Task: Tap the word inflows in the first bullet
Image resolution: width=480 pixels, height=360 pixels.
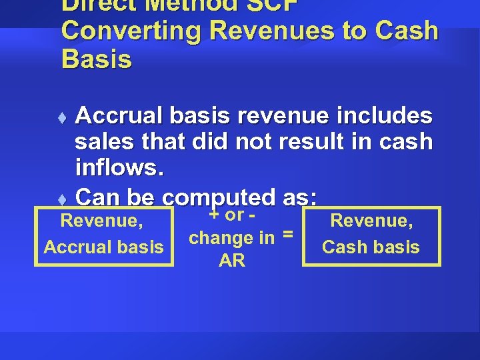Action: point(117,167)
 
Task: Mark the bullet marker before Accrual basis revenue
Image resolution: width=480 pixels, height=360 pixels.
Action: point(62,118)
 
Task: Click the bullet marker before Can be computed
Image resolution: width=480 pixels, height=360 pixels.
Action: point(62,199)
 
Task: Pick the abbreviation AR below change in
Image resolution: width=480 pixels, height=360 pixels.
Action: point(231,260)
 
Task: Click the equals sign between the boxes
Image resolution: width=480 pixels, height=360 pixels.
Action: point(289,234)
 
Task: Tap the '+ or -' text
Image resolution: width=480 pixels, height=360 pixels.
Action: point(233,215)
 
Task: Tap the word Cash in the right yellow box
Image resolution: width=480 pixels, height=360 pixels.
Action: point(343,247)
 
